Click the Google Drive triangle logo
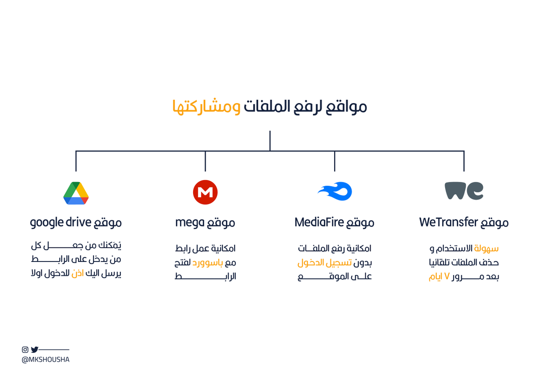(76, 193)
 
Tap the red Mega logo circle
(205, 192)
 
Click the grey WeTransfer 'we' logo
(464, 191)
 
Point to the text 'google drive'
(61, 222)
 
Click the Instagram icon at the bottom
(25, 350)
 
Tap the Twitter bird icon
(35, 350)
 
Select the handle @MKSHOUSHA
(45, 360)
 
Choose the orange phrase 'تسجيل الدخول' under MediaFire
(320, 262)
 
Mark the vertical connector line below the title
(270, 140)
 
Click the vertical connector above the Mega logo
(205, 161)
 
